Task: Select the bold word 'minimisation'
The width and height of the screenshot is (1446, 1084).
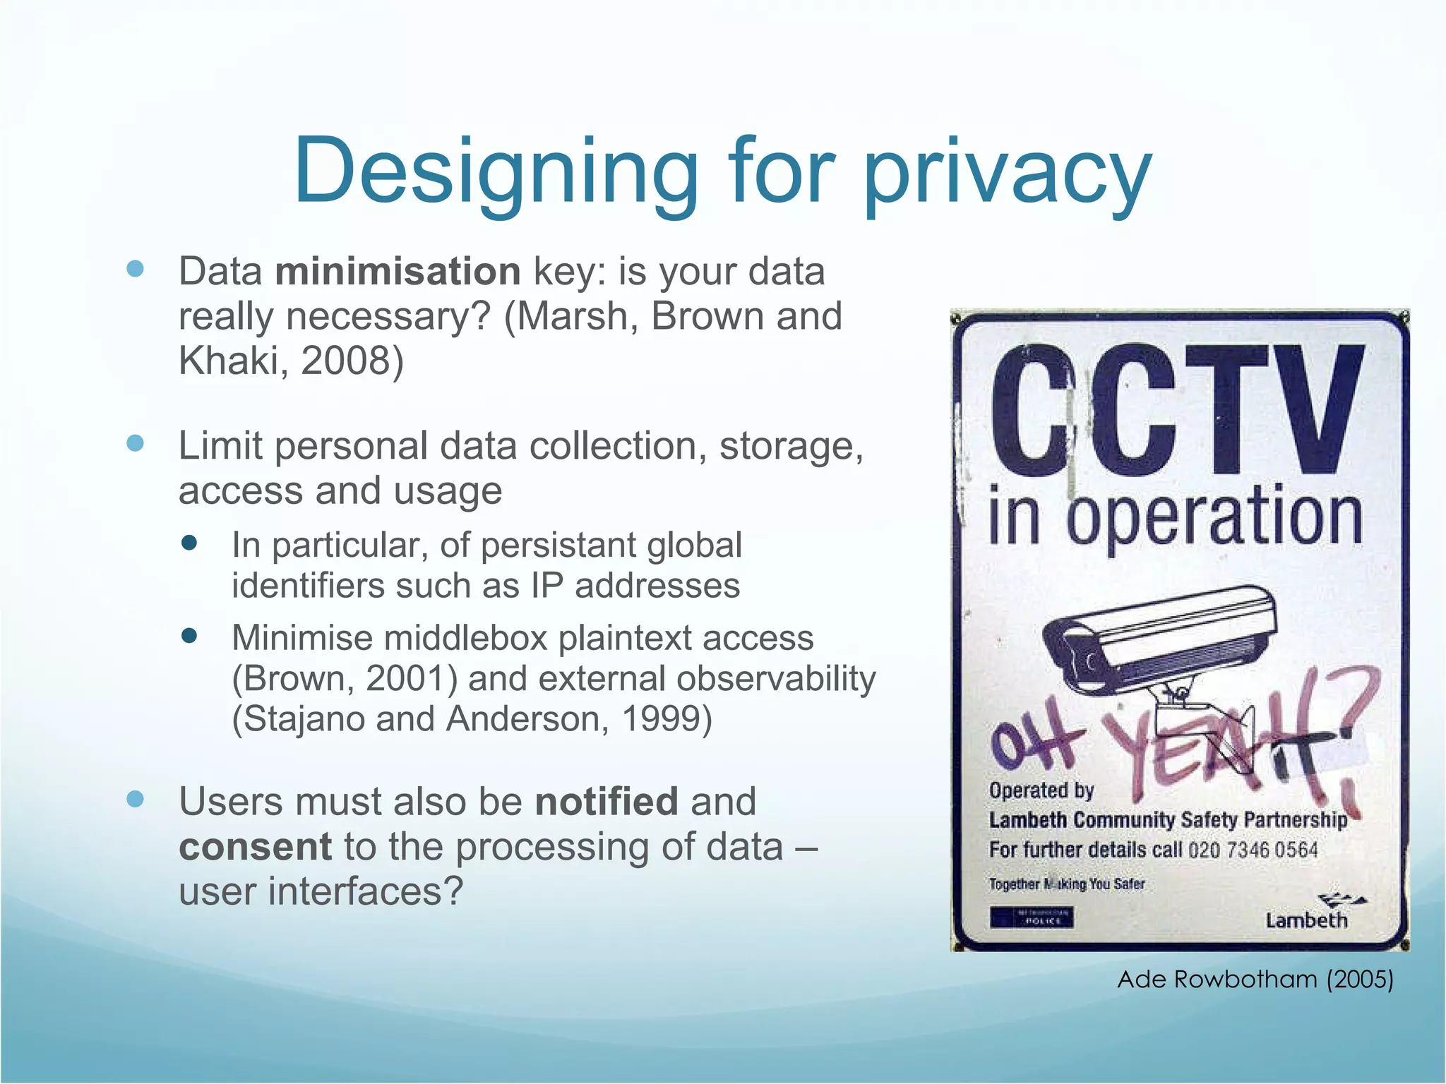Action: [x=398, y=272]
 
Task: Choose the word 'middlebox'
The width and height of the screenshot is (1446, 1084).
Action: [x=465, y=638]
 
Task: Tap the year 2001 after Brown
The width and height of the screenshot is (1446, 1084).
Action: [x=405, y=679]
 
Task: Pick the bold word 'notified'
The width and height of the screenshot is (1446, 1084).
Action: [x=606, y=802]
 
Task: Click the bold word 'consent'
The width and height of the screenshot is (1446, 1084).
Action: [x=255, y=847]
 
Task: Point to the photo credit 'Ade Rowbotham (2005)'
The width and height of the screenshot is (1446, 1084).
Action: [x=1255, y=980]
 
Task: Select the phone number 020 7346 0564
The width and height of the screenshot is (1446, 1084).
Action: [x=1253, y=850]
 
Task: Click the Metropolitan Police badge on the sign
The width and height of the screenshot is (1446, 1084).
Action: [x=1032, y=918]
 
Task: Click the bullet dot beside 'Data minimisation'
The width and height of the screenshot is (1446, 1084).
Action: [x=135, y=269]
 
